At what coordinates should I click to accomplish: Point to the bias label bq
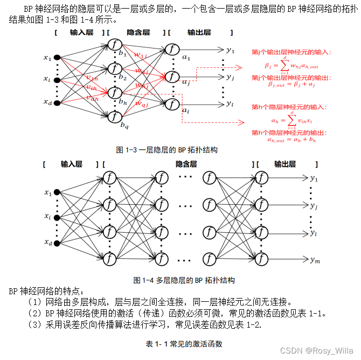tap(124, 126)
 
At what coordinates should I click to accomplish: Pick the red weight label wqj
tap(142, 103)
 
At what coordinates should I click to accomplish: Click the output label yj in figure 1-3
tap(230, 77)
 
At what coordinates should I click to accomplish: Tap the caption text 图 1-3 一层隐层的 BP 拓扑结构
tap(166, 149)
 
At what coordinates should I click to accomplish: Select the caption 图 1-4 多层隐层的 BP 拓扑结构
tap(184, 280)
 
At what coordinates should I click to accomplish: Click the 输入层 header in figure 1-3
tap(81, 33)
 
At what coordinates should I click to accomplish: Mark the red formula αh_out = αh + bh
tap(291, 140)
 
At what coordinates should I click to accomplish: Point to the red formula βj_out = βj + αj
tap(291, 84)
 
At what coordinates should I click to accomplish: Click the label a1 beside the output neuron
tap(186, 57)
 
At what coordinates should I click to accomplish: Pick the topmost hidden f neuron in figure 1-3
tap(114, 45)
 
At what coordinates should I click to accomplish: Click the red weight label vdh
tap(92, 98)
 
